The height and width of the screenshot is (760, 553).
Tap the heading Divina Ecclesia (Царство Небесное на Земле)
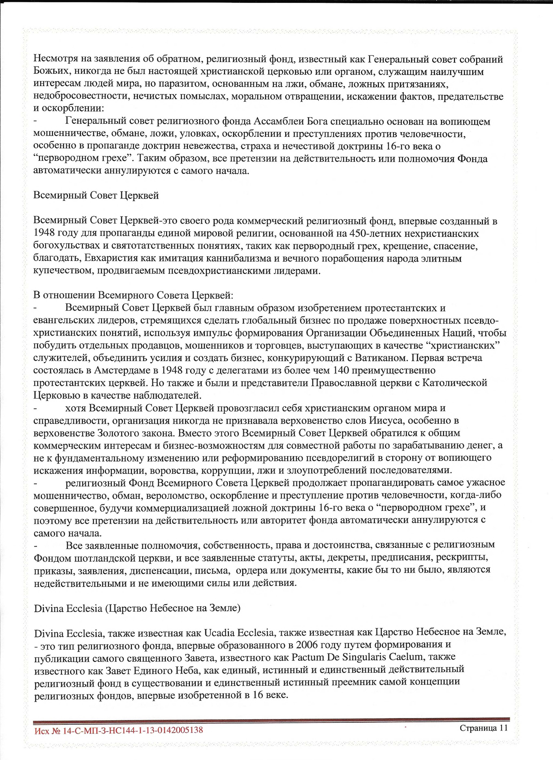coord(137,608)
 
